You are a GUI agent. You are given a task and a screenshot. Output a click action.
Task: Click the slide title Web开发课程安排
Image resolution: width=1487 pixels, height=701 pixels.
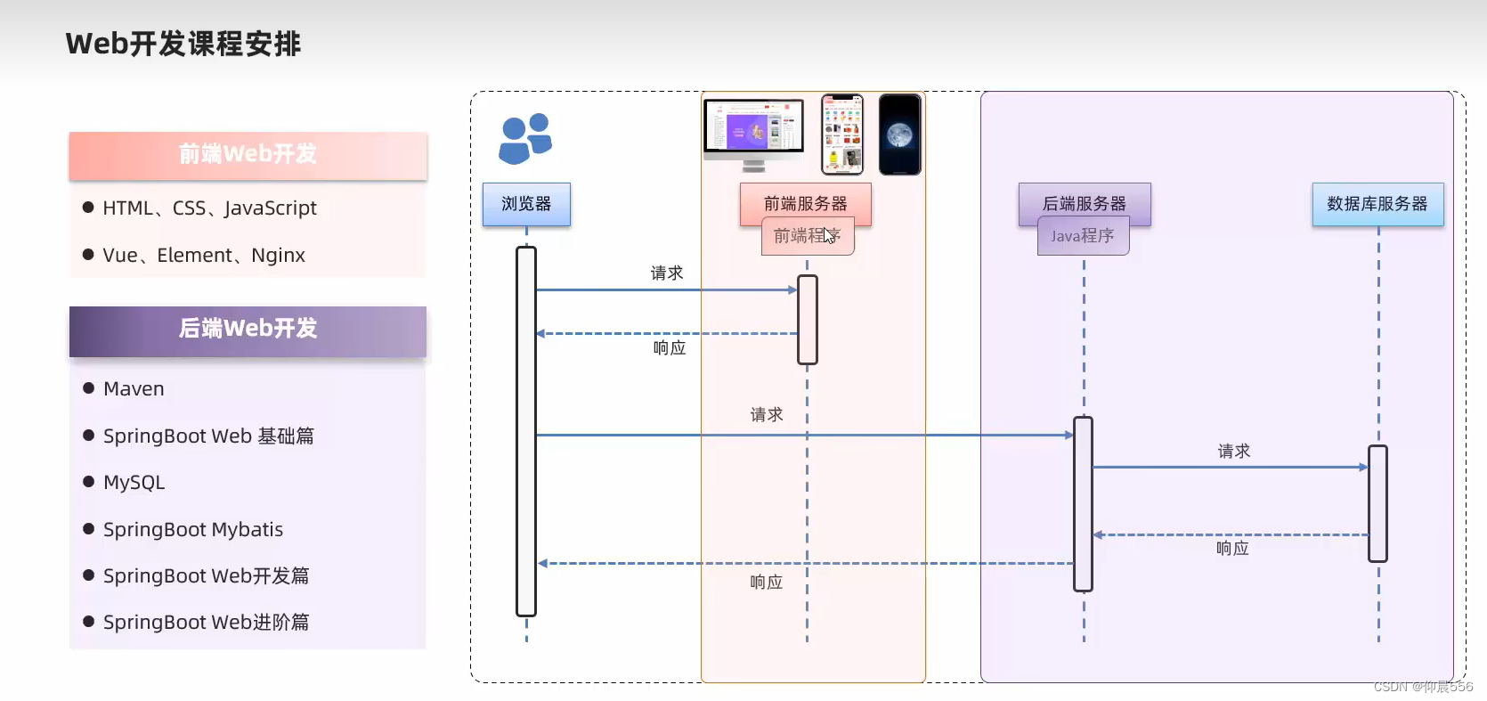[183, 44]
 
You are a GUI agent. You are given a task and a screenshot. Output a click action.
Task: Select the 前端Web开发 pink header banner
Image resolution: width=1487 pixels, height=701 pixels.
[248, 155]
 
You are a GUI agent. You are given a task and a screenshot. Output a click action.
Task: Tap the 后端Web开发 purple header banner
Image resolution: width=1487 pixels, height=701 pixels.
[248, 330]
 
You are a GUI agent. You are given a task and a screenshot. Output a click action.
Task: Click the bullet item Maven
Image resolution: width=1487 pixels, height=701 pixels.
[134, 389]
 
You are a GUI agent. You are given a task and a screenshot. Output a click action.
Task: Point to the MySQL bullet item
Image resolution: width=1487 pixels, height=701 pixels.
[134, 483]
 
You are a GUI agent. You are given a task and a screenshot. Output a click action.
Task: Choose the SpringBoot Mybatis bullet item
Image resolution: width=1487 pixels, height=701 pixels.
[192, 530]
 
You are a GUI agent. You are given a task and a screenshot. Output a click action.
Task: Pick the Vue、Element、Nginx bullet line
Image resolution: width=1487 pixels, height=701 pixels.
[203, 256]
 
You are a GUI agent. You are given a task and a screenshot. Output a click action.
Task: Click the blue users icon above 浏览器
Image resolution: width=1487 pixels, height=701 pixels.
[525, 139]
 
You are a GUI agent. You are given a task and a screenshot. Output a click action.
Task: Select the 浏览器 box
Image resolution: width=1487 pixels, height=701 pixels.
[526, 204]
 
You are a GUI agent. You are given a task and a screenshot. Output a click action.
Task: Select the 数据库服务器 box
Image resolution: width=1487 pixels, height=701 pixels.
[1377, 204]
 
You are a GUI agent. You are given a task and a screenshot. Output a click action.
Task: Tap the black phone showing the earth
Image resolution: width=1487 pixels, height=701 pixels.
[900, 134]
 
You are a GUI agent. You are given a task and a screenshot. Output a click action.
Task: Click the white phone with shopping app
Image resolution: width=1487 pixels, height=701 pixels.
[842, 134]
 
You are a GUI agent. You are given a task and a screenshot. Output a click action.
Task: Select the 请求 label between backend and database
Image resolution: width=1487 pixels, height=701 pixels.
[1234, 452]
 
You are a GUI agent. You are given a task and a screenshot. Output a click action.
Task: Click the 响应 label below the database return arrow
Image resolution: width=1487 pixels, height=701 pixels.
[1232, 549]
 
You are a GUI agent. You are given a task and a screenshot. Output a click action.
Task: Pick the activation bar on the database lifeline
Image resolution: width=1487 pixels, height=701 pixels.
[1377, 503]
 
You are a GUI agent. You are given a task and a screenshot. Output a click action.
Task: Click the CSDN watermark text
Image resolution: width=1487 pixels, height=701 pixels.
[1423, 687]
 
